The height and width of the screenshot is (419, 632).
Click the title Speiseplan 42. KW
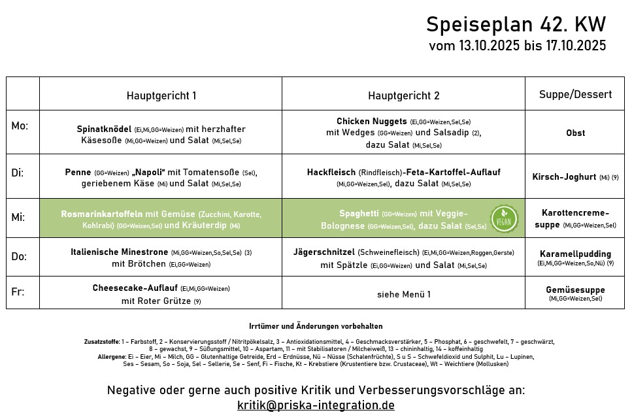point(516,25)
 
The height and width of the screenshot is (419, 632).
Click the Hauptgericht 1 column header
point(161,95)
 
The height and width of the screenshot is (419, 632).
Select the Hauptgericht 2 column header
point(403,95)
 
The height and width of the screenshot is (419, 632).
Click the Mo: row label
point(20,126)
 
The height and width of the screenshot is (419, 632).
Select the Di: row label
point(18,173)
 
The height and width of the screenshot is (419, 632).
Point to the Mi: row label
point(18,217)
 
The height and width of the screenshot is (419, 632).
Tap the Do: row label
point(19,256)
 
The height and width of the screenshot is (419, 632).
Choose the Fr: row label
point(18,292)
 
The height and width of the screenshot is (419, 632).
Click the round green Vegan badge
point(504,219)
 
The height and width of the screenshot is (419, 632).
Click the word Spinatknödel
point(104,129)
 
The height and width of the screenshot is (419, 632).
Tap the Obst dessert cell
point(575,133)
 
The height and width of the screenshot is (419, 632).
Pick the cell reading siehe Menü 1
point(403,295)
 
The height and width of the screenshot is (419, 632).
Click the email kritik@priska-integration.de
point(316,405)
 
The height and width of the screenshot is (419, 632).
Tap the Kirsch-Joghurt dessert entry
point(564,177)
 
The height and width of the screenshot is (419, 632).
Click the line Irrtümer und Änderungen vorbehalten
point(316,326)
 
